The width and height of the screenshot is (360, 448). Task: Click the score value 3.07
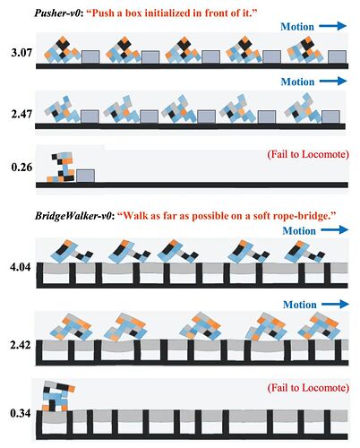tap(21, 53)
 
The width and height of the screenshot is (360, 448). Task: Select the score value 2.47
tap(21, 114)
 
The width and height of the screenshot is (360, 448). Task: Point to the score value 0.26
tap(21, 167)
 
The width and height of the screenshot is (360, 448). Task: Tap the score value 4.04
tap(21, 267)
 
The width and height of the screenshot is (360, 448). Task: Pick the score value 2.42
tap(21, 345)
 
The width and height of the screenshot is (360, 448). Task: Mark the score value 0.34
tap(21, 413)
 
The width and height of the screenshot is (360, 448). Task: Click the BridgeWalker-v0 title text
tap(73, 216)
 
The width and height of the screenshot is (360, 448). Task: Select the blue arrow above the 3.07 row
tap(332, 26)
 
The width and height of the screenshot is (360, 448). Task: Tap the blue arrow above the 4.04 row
tap(335, 230)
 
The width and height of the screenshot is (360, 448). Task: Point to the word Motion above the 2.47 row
tap(297, 82)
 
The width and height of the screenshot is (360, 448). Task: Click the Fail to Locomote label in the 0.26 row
tap(308, 154)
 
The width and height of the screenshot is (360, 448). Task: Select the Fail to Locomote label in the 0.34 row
tap(308, 388)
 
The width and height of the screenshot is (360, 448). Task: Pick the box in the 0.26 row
tap(86, 176)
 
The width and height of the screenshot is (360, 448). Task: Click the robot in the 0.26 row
tap(61, 167)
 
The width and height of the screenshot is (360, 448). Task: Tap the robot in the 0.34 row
tap(57, 396)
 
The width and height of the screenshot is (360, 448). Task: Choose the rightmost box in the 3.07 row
tap(338, 56)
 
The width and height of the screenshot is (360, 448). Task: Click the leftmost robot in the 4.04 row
tap(72, 251)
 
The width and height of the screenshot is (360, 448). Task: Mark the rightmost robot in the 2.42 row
tap(319, 327)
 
